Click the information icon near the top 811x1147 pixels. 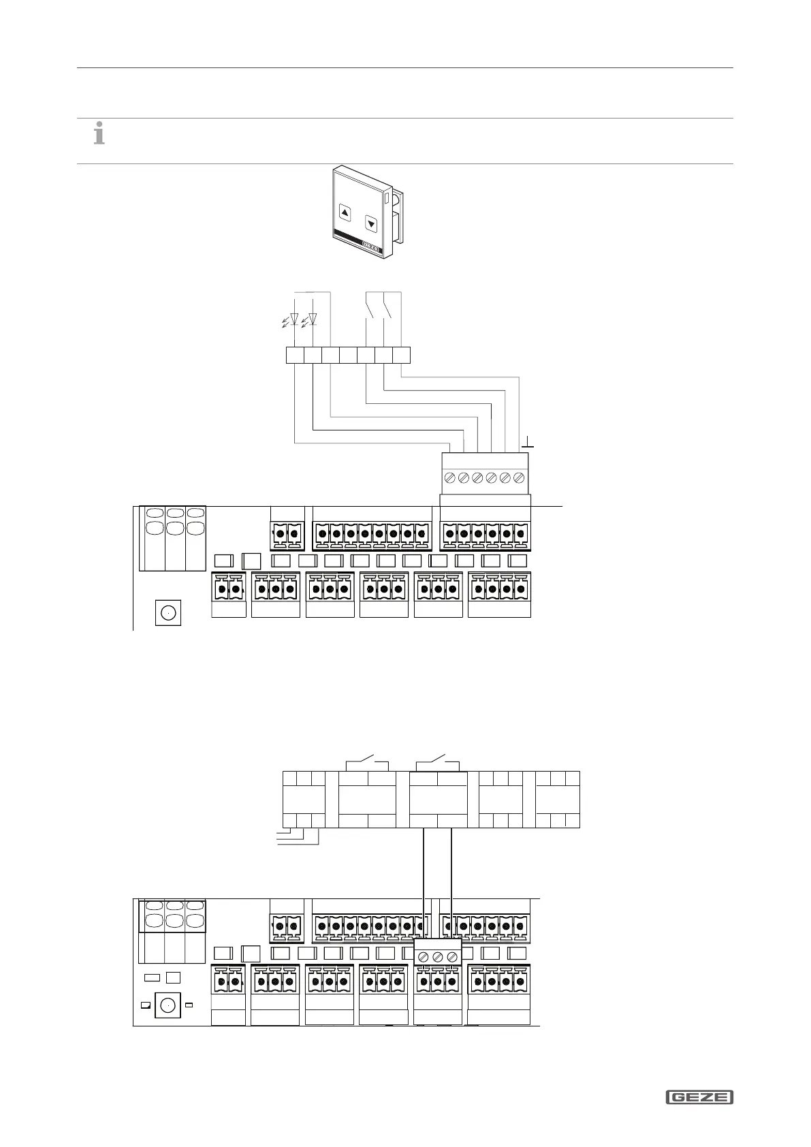[x=99, y=133]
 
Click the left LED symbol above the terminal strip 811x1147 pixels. [x=293, y=319]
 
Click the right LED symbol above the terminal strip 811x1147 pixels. [x=313, y=319]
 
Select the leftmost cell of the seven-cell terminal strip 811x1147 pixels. [x=294, y=356]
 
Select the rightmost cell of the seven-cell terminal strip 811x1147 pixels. [x=402, y=356]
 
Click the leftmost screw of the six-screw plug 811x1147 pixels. [x=449, y=478]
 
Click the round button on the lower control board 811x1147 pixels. [x=167, y=1005]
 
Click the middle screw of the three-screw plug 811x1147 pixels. [x=438, y=957]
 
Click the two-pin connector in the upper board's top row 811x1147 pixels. [x=287, y=534]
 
